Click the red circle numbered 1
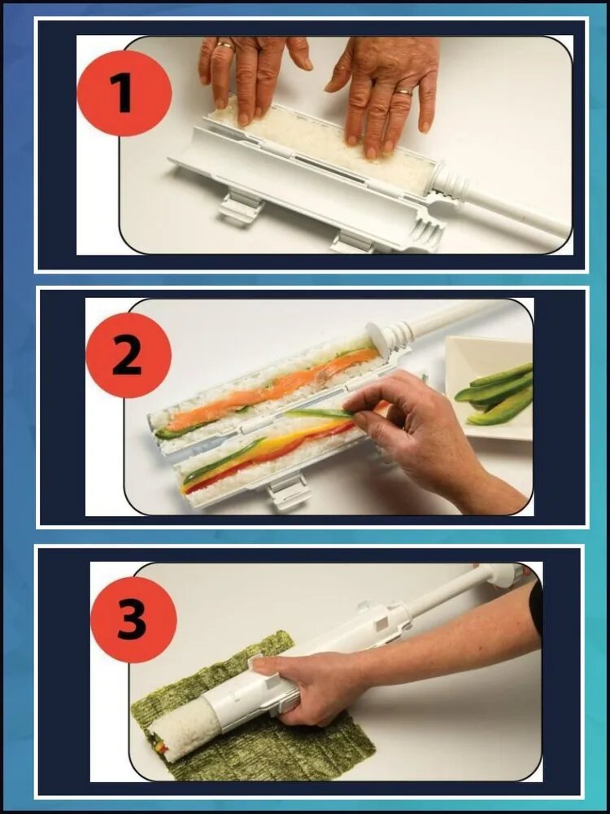(x=124, y=94)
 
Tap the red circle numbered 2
(x=129, y=356)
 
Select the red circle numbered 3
(x=134, y=619)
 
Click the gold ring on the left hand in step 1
(x=226, y=45)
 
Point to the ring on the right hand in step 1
(x=403, y=93)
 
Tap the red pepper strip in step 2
(x=270, y=457)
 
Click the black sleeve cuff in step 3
(x=536, y=608)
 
